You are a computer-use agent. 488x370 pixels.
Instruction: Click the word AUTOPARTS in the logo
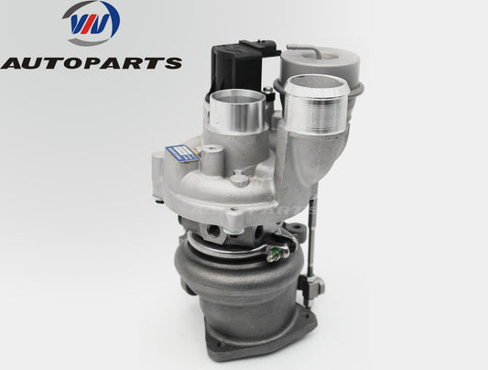click(x=91, y=62)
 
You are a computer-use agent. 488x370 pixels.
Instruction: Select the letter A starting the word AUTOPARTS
click(x=12, y=62)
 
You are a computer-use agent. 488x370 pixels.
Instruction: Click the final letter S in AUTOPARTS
click(x=171, y=62)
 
